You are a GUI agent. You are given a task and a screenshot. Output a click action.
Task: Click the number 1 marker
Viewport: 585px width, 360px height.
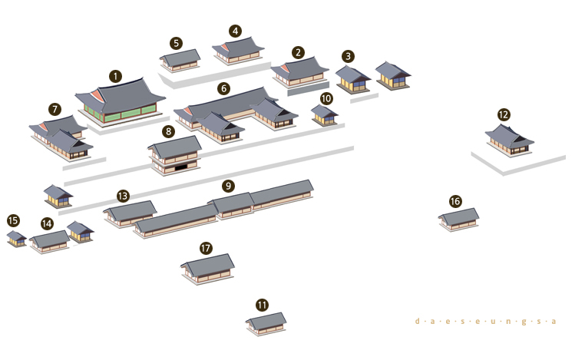tap(115, 77)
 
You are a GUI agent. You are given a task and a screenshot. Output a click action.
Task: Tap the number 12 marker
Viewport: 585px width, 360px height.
tap(504, 114)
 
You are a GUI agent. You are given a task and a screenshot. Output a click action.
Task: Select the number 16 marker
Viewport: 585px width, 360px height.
tap(455, 201)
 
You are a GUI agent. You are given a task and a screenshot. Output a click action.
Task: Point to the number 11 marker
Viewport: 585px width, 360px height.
tap(262, 306)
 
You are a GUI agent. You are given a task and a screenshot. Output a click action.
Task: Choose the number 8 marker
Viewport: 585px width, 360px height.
tap(168, 131)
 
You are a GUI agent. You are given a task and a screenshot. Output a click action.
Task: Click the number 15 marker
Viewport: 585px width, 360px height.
tap(13, 220)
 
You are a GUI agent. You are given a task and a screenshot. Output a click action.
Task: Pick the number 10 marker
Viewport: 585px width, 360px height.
tap(326, 98)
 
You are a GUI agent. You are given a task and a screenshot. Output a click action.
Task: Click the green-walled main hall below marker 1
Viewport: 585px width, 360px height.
tap(120, 101)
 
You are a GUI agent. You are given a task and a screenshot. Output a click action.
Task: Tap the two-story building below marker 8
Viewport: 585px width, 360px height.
tap(174, 155)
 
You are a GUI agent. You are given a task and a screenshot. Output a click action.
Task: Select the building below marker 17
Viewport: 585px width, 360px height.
tap(207, 269)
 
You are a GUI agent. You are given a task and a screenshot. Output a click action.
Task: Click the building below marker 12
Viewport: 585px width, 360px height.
tap(509, 140)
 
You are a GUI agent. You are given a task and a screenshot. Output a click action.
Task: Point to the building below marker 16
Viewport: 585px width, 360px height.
tap(458, 220)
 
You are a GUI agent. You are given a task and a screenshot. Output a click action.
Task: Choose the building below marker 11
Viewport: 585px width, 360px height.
tap(266, 324)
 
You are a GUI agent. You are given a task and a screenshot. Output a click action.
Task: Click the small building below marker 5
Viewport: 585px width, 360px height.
tap(180, 61)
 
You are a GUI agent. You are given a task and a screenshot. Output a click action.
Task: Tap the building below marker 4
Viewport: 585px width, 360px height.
tap(238, 51)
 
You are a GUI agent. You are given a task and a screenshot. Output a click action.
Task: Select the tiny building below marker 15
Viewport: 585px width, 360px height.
tap(16, 239)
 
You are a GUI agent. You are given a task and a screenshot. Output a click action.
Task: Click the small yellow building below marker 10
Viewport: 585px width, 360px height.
tap(324, 115)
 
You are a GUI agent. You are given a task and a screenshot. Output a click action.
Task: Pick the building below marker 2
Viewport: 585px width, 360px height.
tap(299, 72)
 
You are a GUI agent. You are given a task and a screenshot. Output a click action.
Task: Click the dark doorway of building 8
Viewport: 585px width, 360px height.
tap(181, 167)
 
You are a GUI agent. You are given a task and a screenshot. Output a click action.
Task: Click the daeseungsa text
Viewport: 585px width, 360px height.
tap(486, 321)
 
